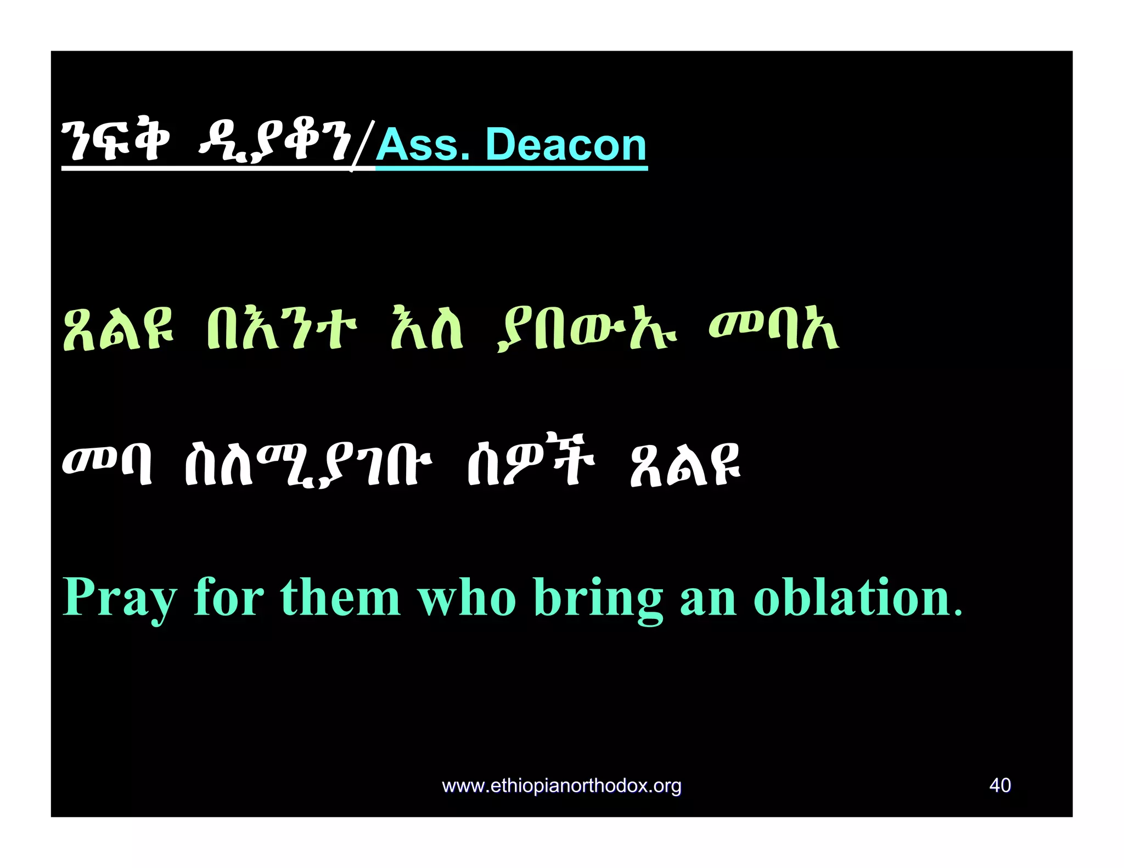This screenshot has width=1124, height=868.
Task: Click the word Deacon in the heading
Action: pos(566,145)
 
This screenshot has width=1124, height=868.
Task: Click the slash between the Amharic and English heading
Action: pos(363,145)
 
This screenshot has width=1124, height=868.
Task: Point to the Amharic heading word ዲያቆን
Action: pos(274,144)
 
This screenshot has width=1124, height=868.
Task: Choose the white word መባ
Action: pos(108,466)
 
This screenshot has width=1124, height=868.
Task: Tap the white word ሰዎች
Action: pos(530,466)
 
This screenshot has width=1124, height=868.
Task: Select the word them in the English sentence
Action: pos(340,598)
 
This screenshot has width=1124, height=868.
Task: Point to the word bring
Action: pos(598,598)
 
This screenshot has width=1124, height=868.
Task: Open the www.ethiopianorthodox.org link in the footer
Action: pos(561,786)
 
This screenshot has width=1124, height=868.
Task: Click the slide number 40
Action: pos(1000,785)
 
